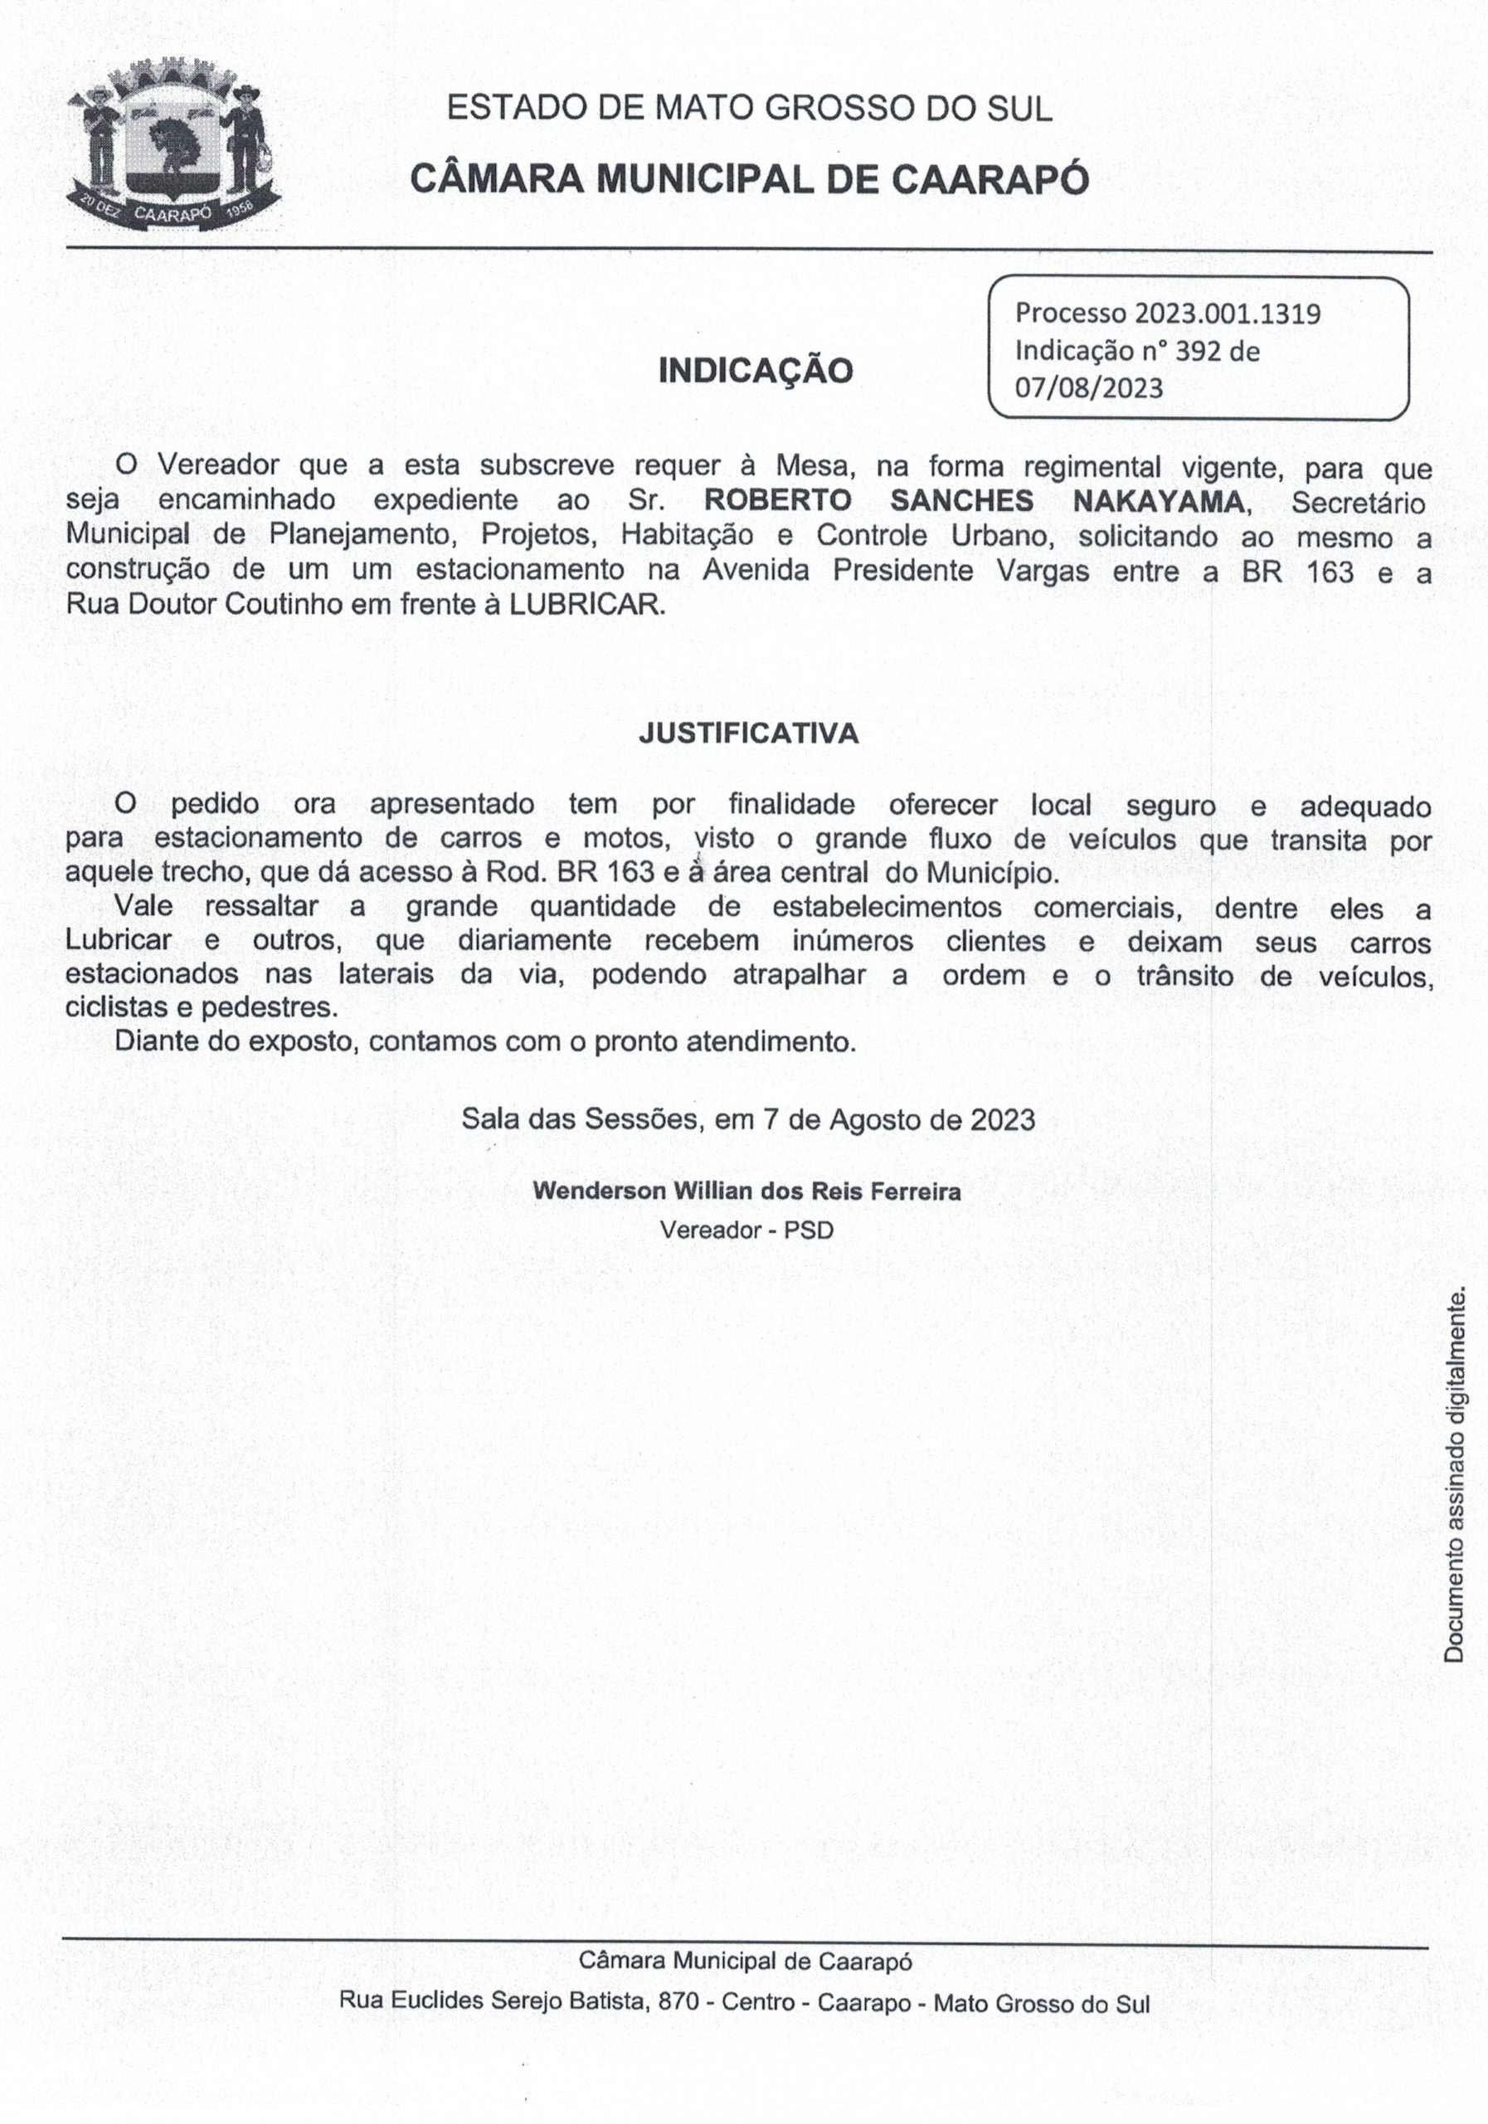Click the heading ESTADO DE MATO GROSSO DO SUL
click(749, 110)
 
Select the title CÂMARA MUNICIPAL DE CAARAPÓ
click(749, 179)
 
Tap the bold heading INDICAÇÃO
click(755, 371)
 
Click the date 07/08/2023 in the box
click(1087, 387)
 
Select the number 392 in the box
click(1199, 352)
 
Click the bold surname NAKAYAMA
click(1159, 500)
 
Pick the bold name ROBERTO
click(777, 500)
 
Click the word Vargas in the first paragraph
click(1043, 571)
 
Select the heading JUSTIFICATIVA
click(748, 733)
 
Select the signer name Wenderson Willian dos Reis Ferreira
click(746, 1191)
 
